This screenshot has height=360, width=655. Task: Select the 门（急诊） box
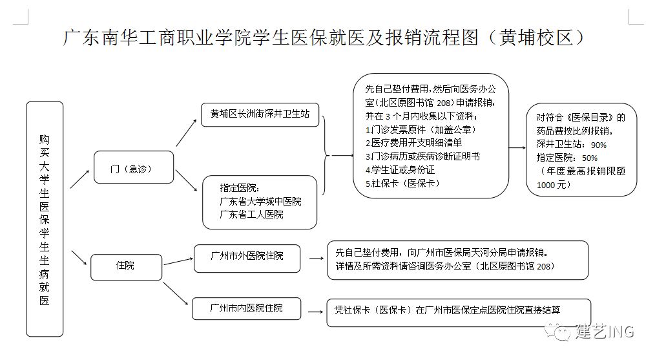point(134,168)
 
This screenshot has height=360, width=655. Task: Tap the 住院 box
point(125,265)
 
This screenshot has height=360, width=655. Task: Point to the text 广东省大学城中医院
point(260,201)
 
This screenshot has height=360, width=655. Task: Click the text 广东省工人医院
point(251,214)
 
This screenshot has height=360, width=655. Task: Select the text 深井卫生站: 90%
point(571,144)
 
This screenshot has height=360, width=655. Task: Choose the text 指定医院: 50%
point(567,158)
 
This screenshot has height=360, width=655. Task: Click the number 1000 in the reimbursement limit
point(546,185)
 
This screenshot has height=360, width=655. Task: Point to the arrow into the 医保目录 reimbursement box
point(517,148)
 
